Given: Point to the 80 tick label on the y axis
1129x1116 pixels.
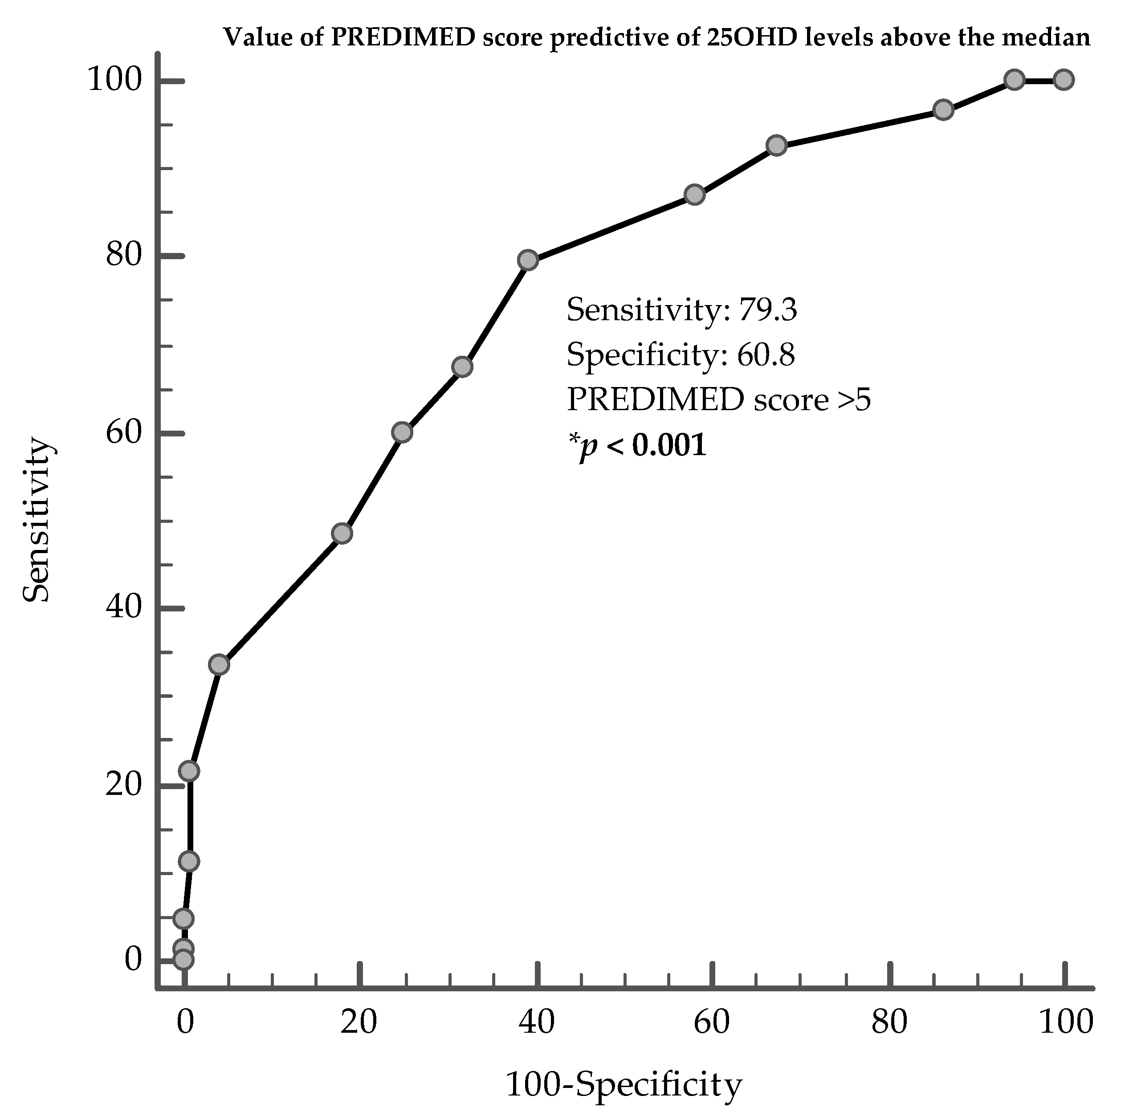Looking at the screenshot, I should coord(124,255).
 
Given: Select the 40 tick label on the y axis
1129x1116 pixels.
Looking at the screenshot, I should coord(124,608).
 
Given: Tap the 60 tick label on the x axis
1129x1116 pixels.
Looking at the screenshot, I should coord(711,1022).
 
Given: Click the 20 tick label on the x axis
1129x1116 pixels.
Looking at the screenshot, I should coord(359,1022).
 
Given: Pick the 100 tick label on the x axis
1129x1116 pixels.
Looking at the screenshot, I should coord(1065,1022).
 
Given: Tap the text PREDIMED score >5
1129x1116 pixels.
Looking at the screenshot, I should coord(718,399).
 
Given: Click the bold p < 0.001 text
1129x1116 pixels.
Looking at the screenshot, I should coord(637,446).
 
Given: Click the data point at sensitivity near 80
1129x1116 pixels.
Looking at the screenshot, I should coord(528,260).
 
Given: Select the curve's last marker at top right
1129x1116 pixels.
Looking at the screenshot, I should coord(1064,79).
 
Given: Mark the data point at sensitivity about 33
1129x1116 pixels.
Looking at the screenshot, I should coord(219,664).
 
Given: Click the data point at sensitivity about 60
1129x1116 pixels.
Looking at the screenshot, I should coord(403,432).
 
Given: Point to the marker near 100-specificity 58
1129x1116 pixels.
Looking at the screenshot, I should coord(694,195).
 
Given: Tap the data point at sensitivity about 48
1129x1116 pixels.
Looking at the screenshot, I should coord(342,533).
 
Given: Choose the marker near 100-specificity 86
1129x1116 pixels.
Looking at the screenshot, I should coord(943,110).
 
